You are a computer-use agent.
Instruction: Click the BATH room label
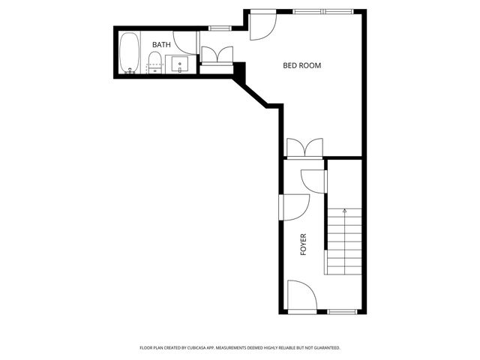161,45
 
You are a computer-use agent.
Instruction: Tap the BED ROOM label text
301,65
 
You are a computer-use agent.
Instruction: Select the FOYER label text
304,245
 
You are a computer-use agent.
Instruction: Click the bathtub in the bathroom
129,54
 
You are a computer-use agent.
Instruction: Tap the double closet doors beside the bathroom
217,55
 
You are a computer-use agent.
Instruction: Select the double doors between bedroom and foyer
304,147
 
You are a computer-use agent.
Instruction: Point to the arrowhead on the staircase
344,211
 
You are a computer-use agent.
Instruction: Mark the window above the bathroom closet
219,28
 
